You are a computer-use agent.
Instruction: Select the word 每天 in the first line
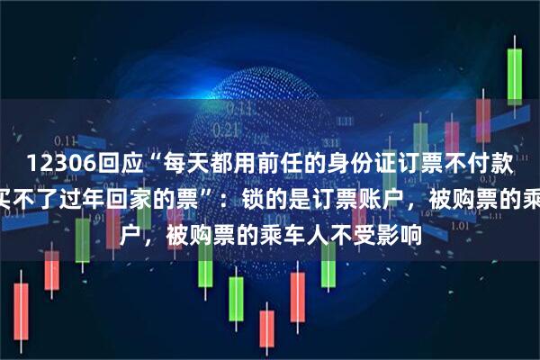pos(172,162)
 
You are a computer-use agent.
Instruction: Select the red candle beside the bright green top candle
pos(482,117)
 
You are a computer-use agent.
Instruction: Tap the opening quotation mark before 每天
pos(143,157)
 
